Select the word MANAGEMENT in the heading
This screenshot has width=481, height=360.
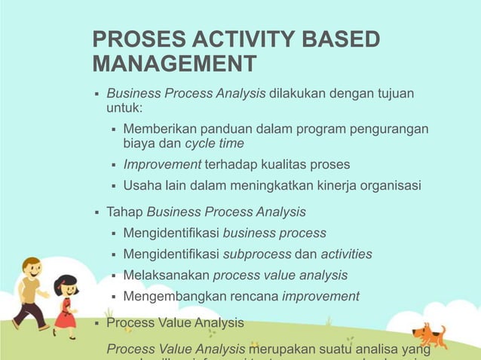coord(173,64)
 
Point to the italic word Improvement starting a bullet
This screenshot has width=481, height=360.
coord(161,164)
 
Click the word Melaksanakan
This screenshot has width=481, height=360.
coord(167,275)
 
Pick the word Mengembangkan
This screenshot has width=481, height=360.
coord(173,296)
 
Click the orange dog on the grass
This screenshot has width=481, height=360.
coord(428,334)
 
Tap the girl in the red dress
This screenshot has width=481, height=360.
coord(66,297)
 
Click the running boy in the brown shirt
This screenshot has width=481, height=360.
coord(30,290)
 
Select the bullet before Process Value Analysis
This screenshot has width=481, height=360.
coord(97,323)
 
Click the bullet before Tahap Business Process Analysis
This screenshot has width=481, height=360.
coord(97,212)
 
